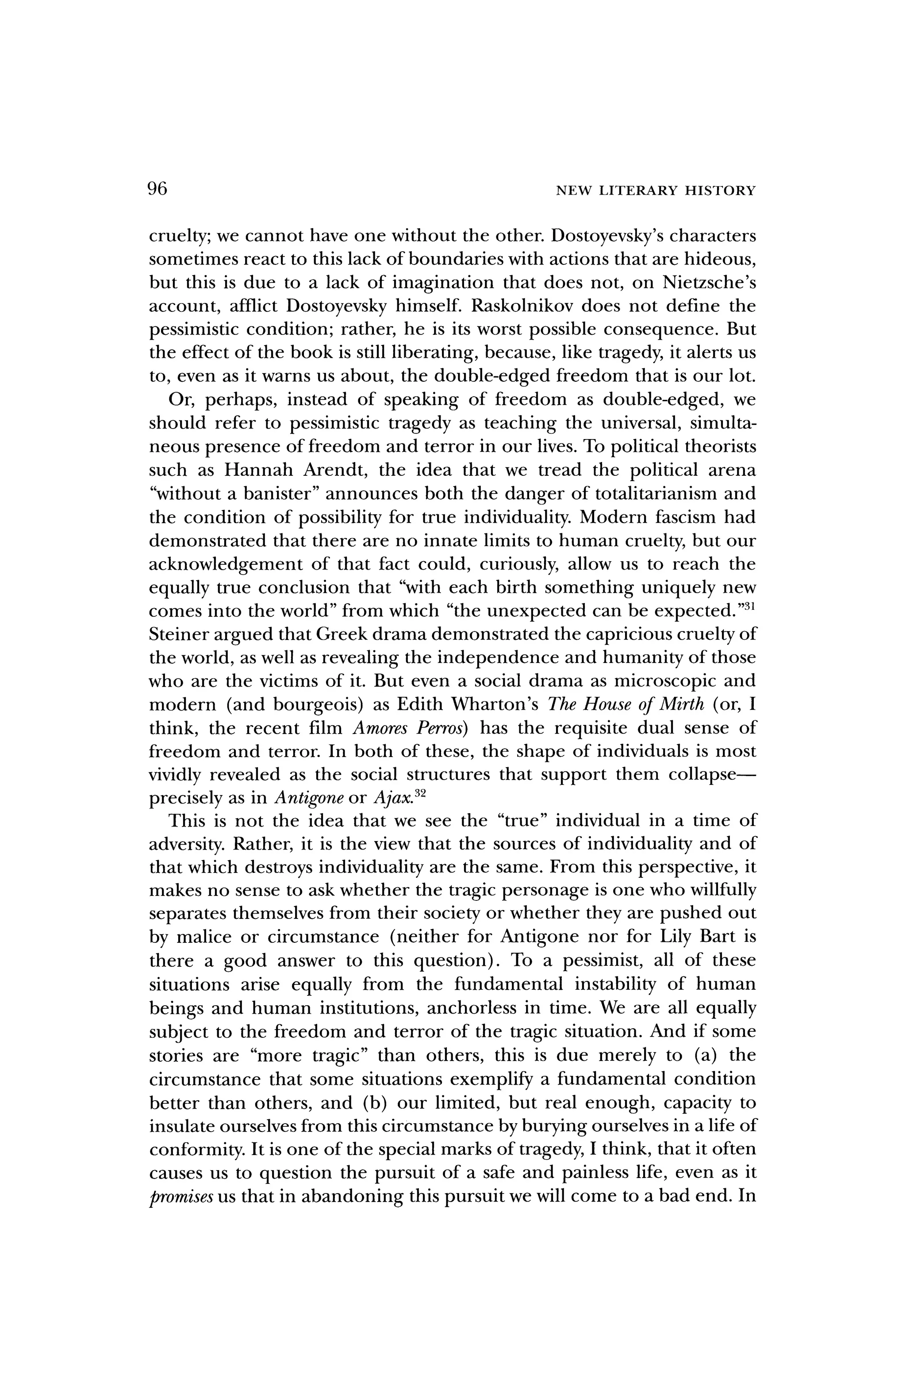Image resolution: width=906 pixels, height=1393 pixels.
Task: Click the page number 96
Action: coord(157,189)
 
